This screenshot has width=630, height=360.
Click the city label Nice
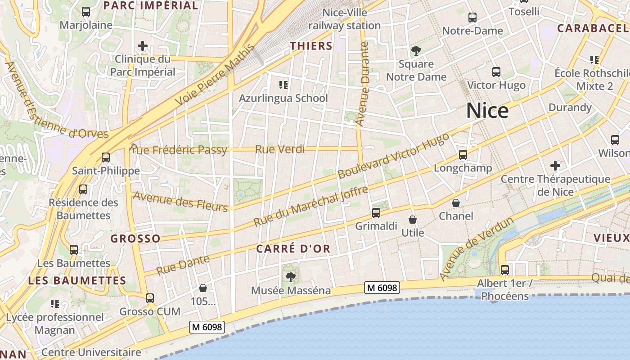(x=487, y=111)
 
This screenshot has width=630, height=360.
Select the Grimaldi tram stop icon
(x=376, y=213)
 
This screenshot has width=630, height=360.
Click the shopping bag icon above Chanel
(x=456, y=203)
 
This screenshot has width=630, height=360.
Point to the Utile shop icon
(x=412, y=220)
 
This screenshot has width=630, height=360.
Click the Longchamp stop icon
(x=463, y=155)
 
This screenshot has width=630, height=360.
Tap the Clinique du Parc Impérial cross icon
(x=143, y=46)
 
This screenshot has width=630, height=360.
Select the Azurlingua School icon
(x=283, y=85)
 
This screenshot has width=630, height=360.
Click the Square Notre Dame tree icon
(x=416, y=50)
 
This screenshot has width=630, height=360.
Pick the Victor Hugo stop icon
(x=496, y=72)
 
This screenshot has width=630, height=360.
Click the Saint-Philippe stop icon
(x=106, y=157)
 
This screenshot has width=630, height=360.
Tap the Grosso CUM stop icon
(x=150, y=298)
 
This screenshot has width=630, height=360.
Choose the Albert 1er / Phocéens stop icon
(x=505, y=270)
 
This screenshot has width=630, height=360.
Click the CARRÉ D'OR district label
(x=293, y=248)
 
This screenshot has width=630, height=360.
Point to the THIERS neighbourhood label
(x=311, y=46)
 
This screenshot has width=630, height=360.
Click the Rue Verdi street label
(x=280, y=149)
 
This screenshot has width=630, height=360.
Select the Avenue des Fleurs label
(x=180, y=201)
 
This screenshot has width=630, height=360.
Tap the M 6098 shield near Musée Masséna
(x=382, y=288)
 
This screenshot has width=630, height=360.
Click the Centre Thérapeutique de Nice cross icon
(x=555, y=166)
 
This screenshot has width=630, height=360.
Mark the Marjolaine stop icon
(x=86, y=12)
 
